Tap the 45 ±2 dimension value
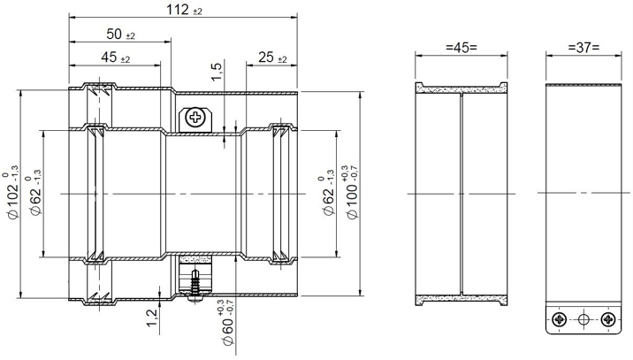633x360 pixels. (115, 57)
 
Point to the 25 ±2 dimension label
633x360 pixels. (271, 57)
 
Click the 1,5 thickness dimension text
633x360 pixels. (217, 73)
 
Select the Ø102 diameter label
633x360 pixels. (13, 190)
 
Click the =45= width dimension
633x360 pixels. (461, 47)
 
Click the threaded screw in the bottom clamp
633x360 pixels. (194, 280)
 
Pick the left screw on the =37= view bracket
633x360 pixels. (558, 318)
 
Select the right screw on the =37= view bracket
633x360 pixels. (606, 318)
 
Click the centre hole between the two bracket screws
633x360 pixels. (583, 318)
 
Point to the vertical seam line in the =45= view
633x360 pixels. (461, 193)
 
